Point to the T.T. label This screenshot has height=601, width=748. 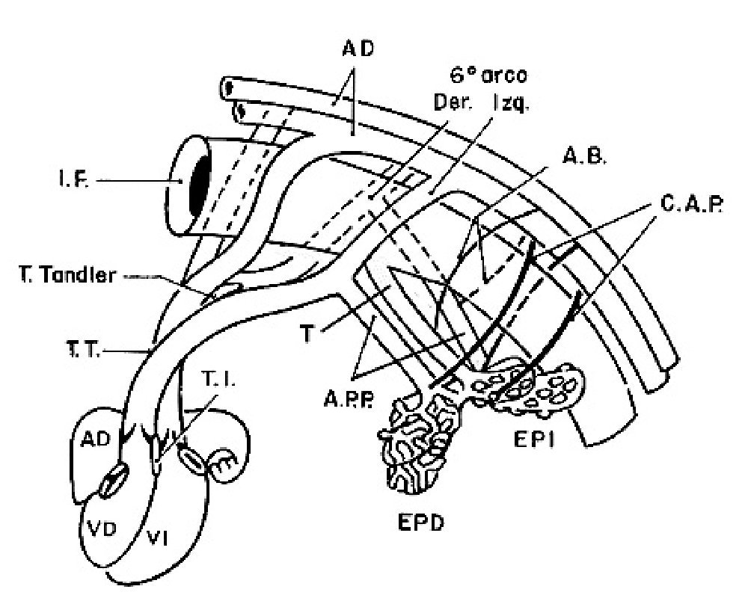[79, 349]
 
